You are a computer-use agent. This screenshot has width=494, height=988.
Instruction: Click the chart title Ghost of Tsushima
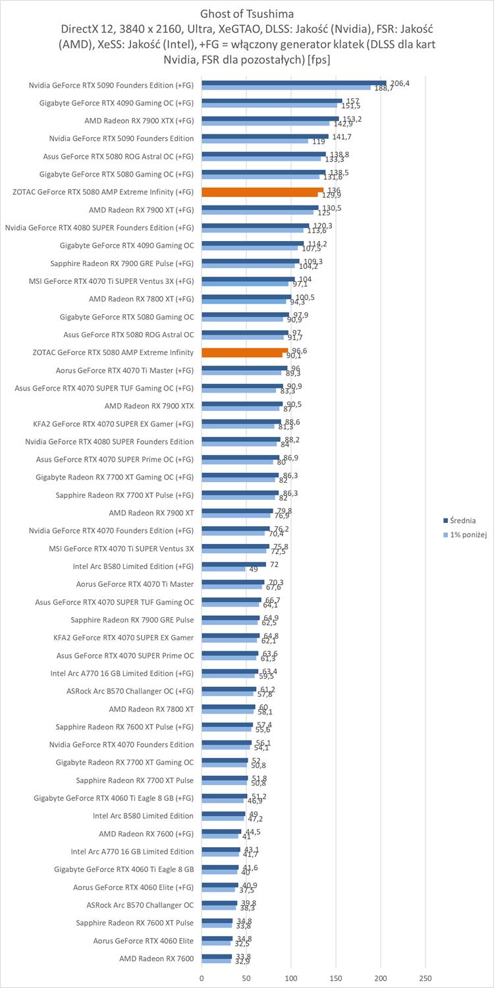click(246, 13)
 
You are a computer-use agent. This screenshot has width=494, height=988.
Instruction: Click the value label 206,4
click(400, 83)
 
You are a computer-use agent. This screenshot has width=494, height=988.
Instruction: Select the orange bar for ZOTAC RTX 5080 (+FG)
click(262, 192)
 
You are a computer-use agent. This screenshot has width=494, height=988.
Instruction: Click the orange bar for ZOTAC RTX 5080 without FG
click(244, 352)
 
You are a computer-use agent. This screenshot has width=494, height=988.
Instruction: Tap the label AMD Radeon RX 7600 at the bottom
click(156, 958)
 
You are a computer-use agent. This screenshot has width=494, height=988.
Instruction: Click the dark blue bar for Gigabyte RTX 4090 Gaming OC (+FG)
click(271, 101)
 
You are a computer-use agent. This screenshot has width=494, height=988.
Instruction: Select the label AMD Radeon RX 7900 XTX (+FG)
click(139, 121)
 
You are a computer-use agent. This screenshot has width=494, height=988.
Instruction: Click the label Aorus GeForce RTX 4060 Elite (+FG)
click(134, 887)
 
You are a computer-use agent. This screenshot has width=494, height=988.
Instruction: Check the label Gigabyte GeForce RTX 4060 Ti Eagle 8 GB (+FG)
click(114, 798)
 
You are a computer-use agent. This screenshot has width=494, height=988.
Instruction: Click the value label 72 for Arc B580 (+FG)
click(274, 564)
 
